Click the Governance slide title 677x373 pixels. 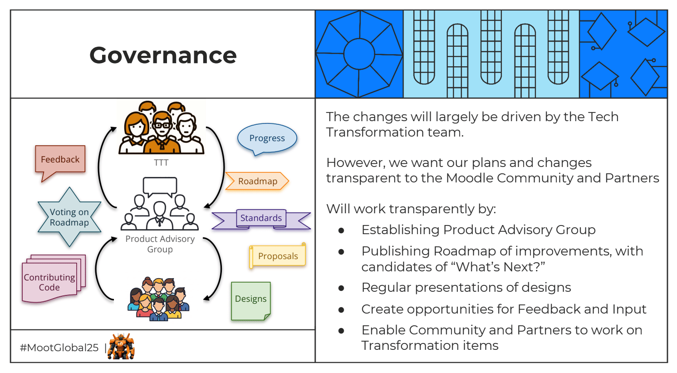pyautogui.click(x=163, y=55)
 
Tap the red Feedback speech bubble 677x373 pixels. pyautogui.click(x=60, y=160)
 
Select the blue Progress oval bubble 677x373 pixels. pyautogui.click(x=267, y=138)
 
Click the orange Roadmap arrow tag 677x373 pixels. pyautogui.click(x=257, y=181)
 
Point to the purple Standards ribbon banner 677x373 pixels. pyautogui.click(x=261, y=218)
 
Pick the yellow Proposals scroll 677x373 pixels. pyautogui.click(x=278, y=256)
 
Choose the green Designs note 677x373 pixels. pyautogui.click(x=250, y=299)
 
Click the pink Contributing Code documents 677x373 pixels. pyautogui.click(x=49, y=282)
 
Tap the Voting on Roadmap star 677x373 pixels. pyautogui.click(x=69, y=217)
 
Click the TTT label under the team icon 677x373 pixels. pyautogui.click(x=161, y=162)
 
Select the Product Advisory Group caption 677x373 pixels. pyautogui.click(x=160, y=244)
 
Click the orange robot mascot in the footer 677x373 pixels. pyautogui.click(x=121, y=347)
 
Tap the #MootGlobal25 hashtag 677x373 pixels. pyautogui.click(x=59, y=348)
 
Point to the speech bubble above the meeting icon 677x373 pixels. pyautogui.click(x=160, y=186)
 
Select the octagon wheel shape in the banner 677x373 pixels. pyautogui.click(x=359, y=54)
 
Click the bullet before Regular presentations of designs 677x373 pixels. pyautogui.click(x=341, y=288)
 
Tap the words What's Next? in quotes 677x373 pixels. pyautogui.click(x=500, y=267)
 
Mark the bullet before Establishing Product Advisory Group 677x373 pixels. pyautogui.click(x=341, y=231)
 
